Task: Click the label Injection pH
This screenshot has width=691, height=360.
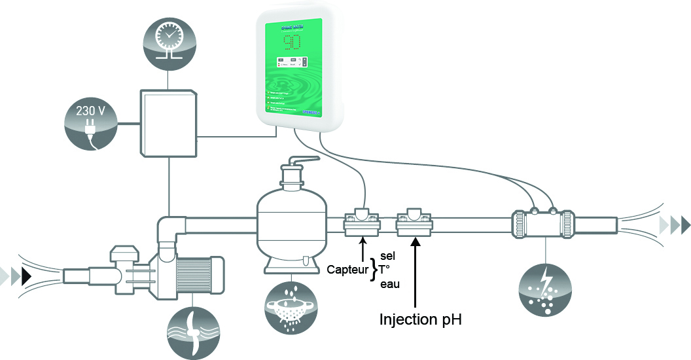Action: click(421, 320)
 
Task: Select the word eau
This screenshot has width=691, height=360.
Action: click(390, 283)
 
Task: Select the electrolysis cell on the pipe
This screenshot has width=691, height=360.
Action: click(542, 222)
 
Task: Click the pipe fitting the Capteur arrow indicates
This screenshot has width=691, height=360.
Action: click(362, 223)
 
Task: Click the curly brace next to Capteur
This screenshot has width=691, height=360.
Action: click(374, 269)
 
